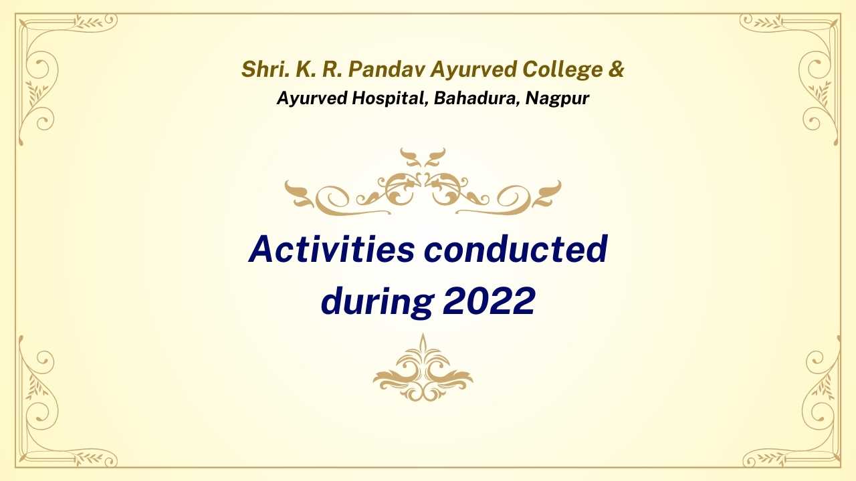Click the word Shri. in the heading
[x=265, y=69]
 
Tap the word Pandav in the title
[x=386, y=69]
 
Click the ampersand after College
[x=617, y=69]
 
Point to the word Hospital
[x=387, y=98]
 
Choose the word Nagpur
[x=557, y=99]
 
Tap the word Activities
[x=331, y=249]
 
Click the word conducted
[x=516, y=249]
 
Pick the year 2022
[x=489, y=301]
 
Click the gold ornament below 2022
[x=423, y=367]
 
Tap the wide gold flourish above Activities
[x=423, y=182]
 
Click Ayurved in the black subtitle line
[x=312, y=99]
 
